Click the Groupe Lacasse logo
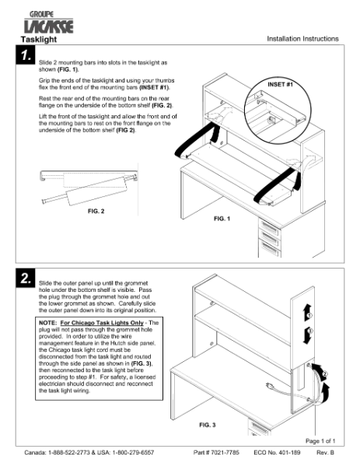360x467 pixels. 48,22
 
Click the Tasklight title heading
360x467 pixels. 39,40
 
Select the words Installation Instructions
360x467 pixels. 302,39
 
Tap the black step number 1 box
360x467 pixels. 26,54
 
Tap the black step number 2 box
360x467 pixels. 26,278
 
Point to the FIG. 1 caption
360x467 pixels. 222,219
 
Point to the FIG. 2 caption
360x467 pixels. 96,211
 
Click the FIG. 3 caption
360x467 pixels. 208,425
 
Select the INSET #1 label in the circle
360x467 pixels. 280,85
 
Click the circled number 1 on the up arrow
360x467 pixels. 309,315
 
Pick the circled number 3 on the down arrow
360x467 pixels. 309,331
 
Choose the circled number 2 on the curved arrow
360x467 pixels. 324,374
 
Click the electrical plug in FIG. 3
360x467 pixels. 270,386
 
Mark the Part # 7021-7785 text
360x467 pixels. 216,452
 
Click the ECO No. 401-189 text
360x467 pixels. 277,452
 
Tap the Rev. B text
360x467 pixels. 325,452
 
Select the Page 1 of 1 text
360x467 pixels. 320,441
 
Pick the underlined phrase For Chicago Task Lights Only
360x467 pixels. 102,323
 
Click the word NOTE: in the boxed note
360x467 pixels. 47,323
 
